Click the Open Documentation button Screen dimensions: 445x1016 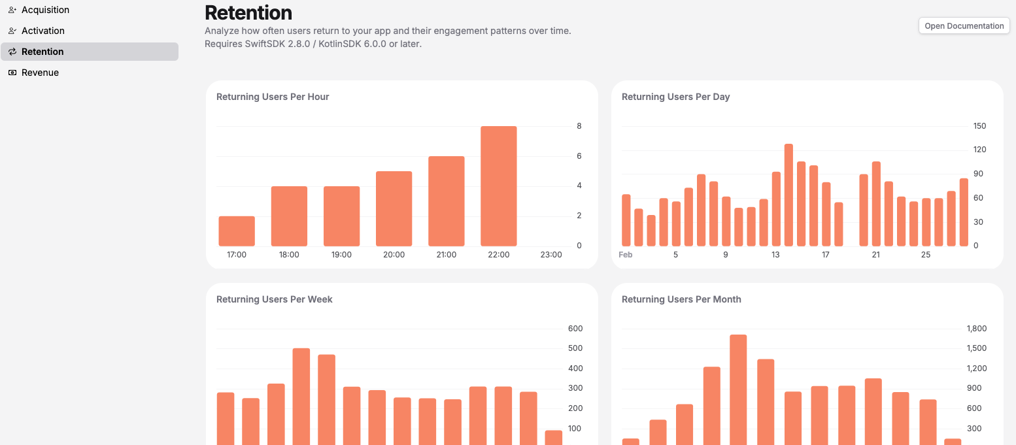point(964,26)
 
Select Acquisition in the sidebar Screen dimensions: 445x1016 point(45,10)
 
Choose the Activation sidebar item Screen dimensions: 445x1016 point(42,31)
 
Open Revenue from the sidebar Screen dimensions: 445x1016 point(40,73)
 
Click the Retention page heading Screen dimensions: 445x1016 point(248,12)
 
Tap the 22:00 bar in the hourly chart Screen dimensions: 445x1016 point(498,186)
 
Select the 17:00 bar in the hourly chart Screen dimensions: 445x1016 point(237,231)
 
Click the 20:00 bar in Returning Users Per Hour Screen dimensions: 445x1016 point(394,208)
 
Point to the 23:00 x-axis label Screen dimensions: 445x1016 point(550,255)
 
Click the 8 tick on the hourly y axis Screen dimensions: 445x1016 point(579,126)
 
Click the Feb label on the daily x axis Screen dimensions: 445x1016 point(626,255)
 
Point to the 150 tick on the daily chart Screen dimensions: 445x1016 point(979,126)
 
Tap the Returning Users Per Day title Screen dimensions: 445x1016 point(675,97)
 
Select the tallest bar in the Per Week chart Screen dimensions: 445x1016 point(301,396)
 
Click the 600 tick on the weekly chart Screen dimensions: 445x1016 point(575,329)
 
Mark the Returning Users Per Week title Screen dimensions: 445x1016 point(275,299)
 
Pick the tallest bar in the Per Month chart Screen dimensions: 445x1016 point(738,389)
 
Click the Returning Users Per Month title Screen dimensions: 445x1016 point(681,299)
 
